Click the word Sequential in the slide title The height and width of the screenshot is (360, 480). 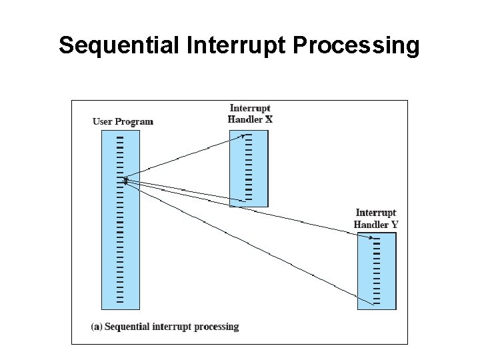click(117, 45)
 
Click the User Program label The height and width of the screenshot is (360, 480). click(123, 121)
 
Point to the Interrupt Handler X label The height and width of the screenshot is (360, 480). click(250, 113)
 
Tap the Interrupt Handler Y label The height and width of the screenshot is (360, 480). click(376, 219)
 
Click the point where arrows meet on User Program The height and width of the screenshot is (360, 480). click(125, 179)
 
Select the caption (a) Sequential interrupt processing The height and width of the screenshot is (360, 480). click(165, 327)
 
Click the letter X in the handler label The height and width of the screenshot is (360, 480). click(269, 120)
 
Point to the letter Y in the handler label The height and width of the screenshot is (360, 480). click(395, 225)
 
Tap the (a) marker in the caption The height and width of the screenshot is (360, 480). click(96, 327)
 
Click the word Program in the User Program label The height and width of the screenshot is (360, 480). click(134, 121)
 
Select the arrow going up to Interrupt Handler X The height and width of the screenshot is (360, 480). click(183, 157)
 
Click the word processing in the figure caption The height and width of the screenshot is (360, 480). click(215, 327)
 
